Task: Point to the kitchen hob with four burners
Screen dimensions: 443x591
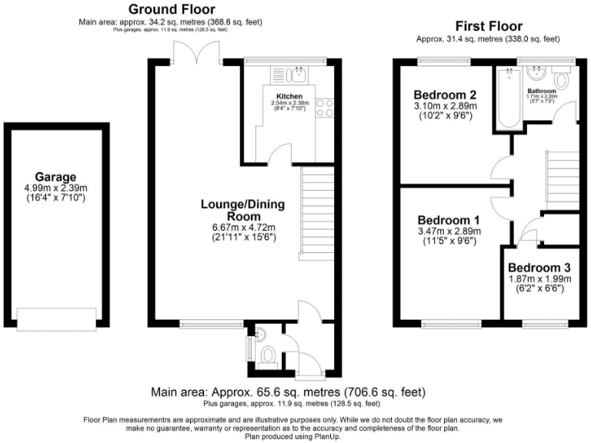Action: click(x=324, y=108)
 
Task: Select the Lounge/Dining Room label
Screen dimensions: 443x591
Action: click(x=243, y=210)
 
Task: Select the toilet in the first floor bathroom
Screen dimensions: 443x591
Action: click(x=561, y=79)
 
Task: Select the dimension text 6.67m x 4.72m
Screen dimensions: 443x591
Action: click(x=243, y=228)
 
